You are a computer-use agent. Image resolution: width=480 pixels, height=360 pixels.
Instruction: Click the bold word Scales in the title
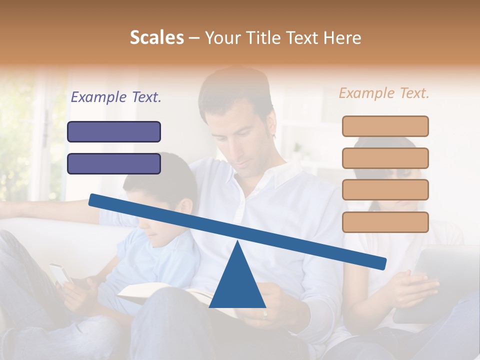click(x=156, y=37)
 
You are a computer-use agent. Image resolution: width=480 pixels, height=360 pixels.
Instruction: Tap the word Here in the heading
click(x=342, y=37)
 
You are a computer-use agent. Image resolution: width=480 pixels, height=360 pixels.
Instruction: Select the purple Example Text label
click(x=116, y=97)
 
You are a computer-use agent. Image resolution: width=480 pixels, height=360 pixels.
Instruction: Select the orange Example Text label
click(x=384, y=93)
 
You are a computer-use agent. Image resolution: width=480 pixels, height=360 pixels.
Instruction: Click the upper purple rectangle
click(x=114, y=131)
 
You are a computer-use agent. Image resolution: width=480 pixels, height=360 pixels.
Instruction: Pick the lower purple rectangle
click(x=114, y=163)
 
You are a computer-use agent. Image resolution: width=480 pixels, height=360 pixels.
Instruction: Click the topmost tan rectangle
click(x=385, y=126)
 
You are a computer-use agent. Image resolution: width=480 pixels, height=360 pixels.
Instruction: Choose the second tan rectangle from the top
click(x=385, y=158)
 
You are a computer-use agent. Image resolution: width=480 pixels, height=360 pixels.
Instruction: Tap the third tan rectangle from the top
click(x=385, y=189)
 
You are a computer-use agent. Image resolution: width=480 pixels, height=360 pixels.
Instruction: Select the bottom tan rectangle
click(x=385, y=222)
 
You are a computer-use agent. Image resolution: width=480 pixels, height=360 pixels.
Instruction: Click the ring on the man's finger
click(x=265, y=314)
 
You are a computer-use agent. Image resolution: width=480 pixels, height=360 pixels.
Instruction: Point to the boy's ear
click(x=186, y=206)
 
